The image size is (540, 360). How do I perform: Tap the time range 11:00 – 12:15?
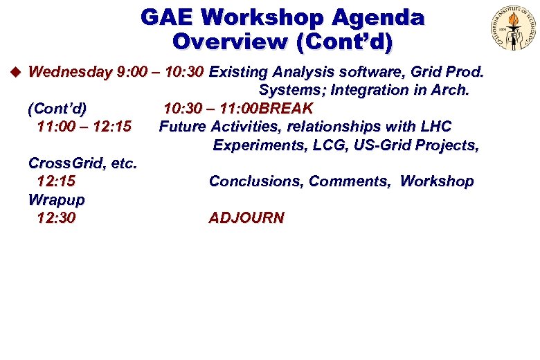tap(84, 127)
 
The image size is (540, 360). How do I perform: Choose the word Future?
tap(183, 127)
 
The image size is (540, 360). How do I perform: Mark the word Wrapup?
tap(56, 200)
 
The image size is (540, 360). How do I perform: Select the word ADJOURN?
tap(246, 218)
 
